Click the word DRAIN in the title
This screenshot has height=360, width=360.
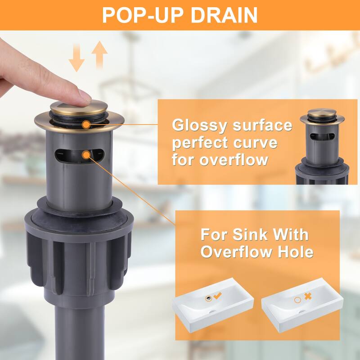click(x=224, y=15)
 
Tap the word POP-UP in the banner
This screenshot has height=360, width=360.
click(x=143, y=15)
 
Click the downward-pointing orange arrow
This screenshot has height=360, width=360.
click(x=76, y=58)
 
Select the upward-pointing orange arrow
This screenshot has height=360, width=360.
click(x=99, y=54)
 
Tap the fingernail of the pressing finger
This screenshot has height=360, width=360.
click(x=85, y=96)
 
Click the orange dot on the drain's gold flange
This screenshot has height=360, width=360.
click(x=86, y=125)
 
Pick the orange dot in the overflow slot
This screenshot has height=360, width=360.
click(x=86, y=155)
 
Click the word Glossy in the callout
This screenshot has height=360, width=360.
click(x=199, y=126)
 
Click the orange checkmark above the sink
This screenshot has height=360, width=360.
click(x=217, y=296)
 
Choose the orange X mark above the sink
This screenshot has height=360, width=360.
click(x=308, y=296)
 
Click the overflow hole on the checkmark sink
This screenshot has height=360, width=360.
click(x=208, y=298)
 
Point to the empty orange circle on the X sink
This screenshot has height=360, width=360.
click(x=297, y=300)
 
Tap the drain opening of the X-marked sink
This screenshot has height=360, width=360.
click(x=301, y=311)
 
